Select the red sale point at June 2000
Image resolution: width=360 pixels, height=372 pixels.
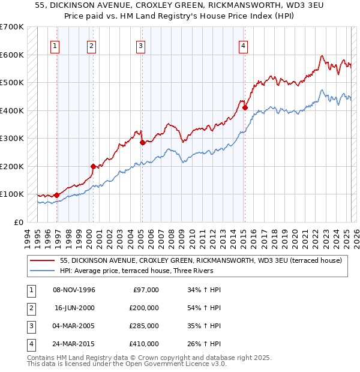click(x=93, y=166)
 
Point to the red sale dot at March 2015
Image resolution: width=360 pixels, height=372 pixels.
click(x=245, y=108)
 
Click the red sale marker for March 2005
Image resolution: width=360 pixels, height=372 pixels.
click(x=142, y=143)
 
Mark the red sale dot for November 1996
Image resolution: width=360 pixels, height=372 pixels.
click(x=56, y=195)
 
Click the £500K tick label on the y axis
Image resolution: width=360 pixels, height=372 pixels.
click(x=11, y=82)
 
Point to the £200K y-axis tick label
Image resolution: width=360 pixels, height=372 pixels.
click(x=11, y=166)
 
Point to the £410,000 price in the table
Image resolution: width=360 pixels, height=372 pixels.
click(x=144, y=344)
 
